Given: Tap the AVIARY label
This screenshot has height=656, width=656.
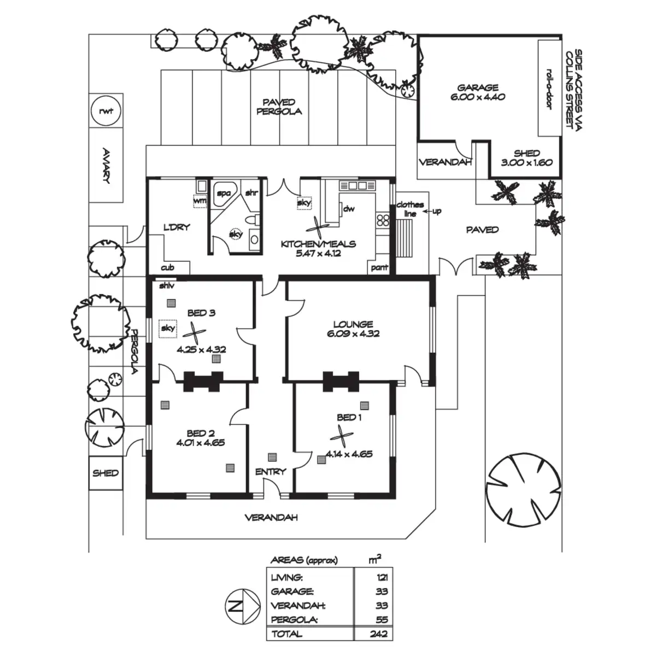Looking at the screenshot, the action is (x=107, y=166).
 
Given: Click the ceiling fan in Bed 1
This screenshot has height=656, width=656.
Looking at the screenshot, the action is (x=342, y=437).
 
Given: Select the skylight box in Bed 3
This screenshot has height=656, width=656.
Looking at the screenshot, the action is (x=168, y=329).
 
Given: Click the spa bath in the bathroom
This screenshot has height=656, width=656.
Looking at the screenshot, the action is (x=224, y=194).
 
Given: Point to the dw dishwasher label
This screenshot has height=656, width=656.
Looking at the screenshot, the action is (x=349, y=209).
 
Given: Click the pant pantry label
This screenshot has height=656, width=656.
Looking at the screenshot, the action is (x=379, y=267).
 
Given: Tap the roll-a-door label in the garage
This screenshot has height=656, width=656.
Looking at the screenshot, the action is (x=549, y=89).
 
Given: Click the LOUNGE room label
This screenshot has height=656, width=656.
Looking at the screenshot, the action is (x=353, y=324).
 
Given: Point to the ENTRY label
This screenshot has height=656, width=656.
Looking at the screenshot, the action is (x=271, y=471).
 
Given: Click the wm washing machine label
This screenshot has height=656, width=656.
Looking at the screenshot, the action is (x=200, y=201).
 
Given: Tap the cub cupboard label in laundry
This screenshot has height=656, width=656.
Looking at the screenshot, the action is (x=167, y=268).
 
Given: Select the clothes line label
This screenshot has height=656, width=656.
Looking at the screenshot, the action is (x=410, y=209).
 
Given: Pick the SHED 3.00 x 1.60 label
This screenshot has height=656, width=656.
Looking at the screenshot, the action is (x=526, y=158).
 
